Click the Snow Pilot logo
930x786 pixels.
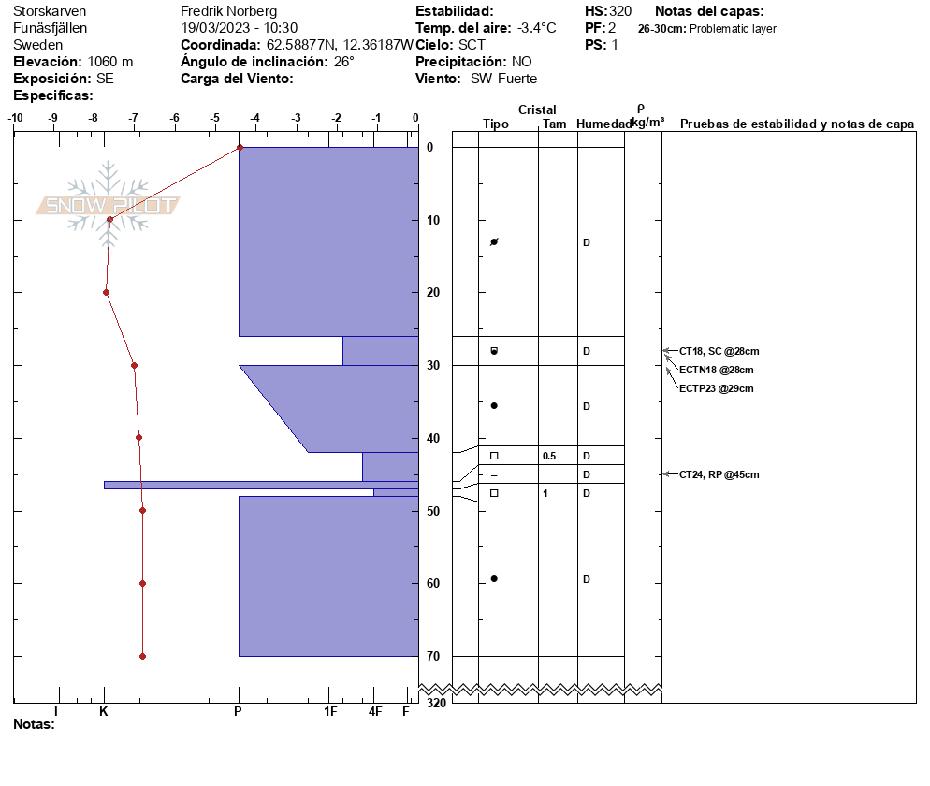[108, 205]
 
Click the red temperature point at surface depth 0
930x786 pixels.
[240, 147]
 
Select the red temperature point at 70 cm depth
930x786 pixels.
[142, 656]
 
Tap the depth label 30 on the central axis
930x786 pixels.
[433, 366]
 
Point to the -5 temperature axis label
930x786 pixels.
[214, 118]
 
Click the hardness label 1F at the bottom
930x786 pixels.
[330, 711]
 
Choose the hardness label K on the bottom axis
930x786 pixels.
[104, 711]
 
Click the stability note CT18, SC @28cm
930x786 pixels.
[719, 351]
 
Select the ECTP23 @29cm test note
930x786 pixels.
[717, 388]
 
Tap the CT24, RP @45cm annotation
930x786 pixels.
[719, 474]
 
